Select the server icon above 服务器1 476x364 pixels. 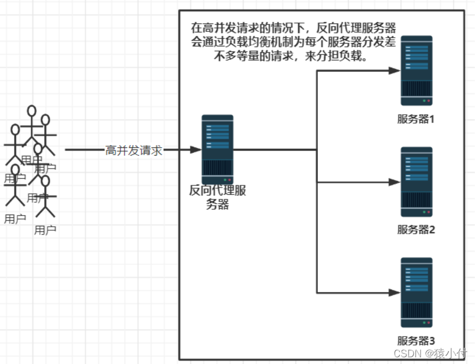pyautogui.click(x=416, y=71)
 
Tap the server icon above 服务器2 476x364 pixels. pyautogui.click(x=416, y=182)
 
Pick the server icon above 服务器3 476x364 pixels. pyautogui.click(x=416, y=292)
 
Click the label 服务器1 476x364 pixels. pyautogui.click(x=416, y=119)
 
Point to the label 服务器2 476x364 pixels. pyautogui.click(x=416, y=230)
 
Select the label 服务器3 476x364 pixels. pyautogui.click(x=416, y=340)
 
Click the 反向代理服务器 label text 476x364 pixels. pyautogui.click(x=218, y=197)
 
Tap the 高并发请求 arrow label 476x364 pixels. pyautogui.click(x=134, y=150)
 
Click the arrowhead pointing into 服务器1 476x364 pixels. pyautogui.click(x=395, y=71)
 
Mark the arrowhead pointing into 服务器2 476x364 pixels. pyautogui.click(x=395, y=182)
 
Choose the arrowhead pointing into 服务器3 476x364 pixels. pyautogui.click(x=395, y=292)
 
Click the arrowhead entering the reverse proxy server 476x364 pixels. pyautogui.click(x=196, y=150)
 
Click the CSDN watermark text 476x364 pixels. pyautogui.click(x=430, y=353)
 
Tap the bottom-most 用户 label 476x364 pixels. pyautogui.click(x=45, y=230)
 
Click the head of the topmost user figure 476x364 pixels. pyautogui.click(x=32, y=111)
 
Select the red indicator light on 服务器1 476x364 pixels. pyautogui.click(x=429, y=101)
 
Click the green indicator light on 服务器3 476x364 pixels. pyautogui.click(x=423, y=323)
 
